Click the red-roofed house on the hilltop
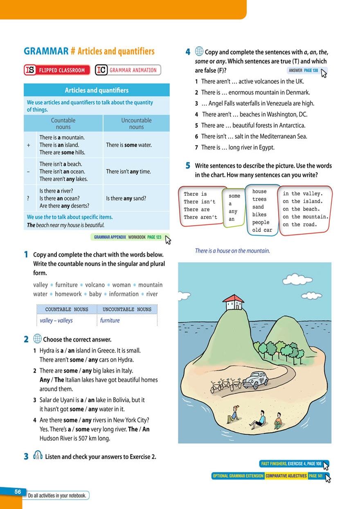point(233,302)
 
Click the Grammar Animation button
point(128,70)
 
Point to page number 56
point(18,492)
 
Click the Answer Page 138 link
point(303,71)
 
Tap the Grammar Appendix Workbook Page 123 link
point(128,237)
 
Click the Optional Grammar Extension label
point(238,476)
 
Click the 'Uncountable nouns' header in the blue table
point(136,123)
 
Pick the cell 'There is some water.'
point(128,145)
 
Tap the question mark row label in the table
point(28,198)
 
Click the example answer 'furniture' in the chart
point(110,321)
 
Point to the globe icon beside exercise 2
point(37,339)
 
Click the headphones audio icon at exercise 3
point(37,456)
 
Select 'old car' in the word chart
point(262,230)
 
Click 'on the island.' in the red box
point(302,202)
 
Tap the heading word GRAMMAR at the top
point(46,51)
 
